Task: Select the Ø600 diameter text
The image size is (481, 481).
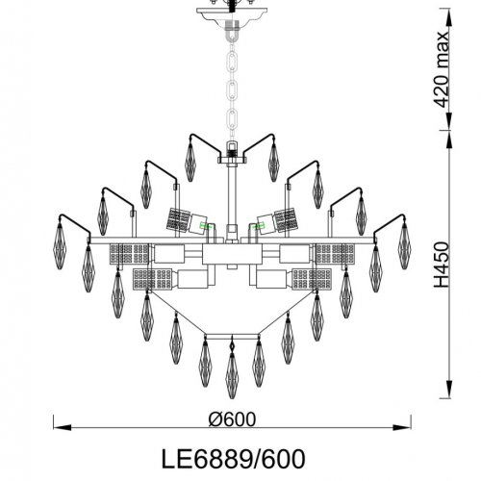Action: coord(234,421)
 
